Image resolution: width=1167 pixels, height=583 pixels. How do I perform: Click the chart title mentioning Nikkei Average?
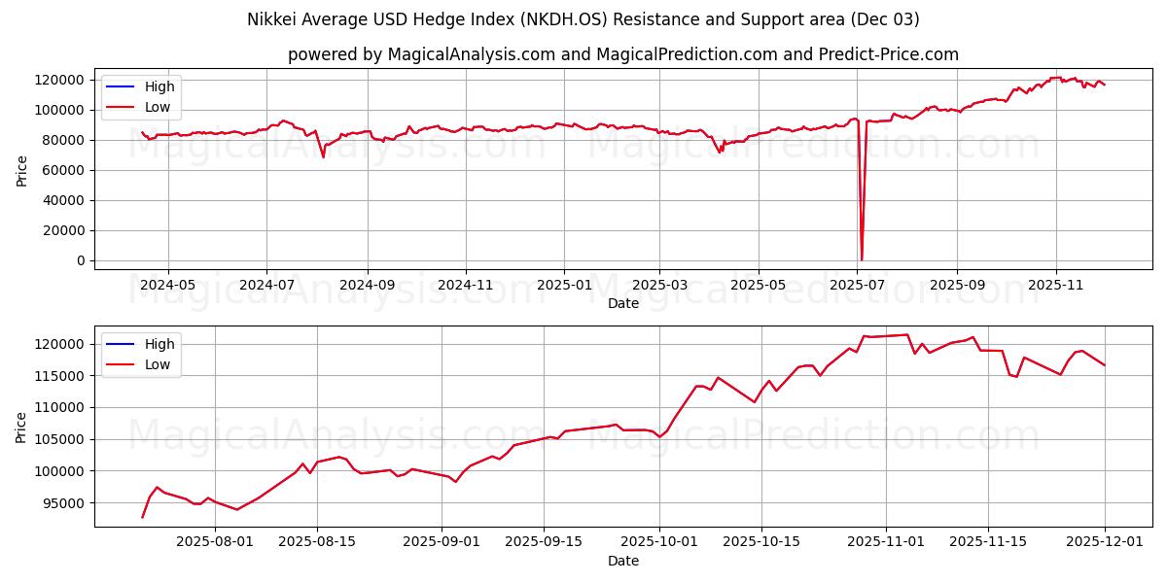(x=583, y=19)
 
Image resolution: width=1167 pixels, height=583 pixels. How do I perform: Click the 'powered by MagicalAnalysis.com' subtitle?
(x=622, y=54)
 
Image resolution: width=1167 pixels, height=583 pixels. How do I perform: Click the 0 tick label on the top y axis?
(x=83, y=260)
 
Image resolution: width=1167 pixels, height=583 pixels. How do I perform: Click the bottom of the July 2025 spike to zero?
(x=861, y=259)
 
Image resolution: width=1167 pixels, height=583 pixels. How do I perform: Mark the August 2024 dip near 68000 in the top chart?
(x=323, y=156)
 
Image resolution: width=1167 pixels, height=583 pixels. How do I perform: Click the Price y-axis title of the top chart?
(x=21, y=170)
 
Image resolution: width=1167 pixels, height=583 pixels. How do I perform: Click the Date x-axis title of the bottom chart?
(x=622, y=561)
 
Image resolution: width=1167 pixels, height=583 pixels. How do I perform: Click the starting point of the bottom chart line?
(x=142, y=517)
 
